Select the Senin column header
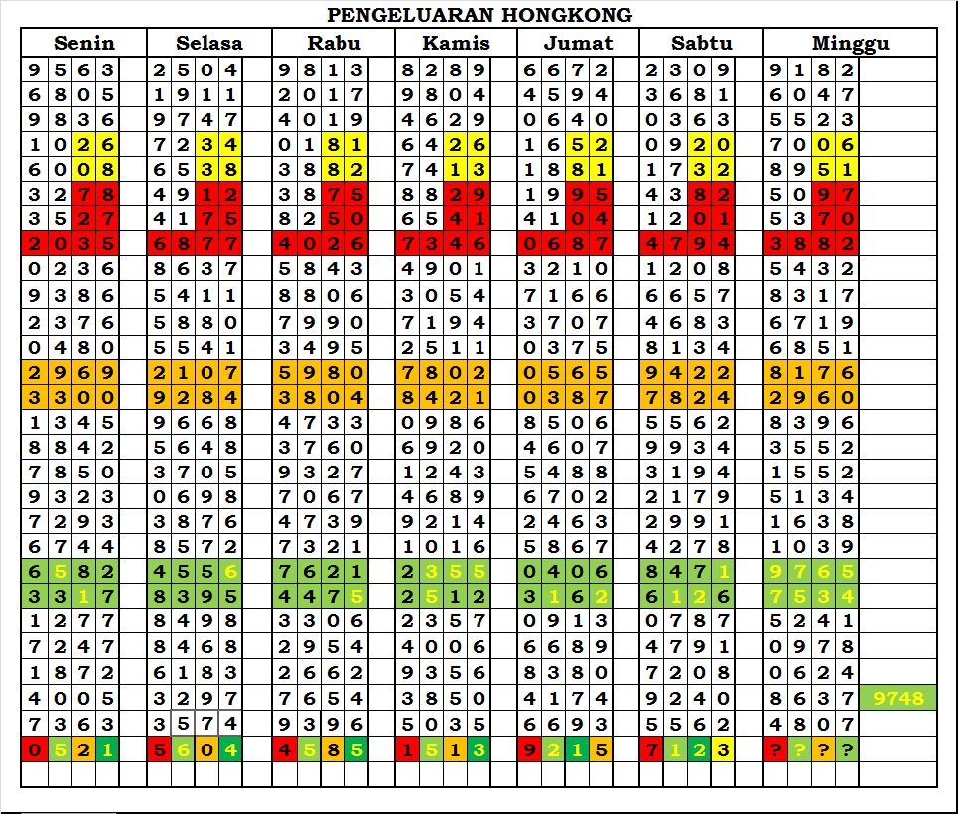[x=84, y=43]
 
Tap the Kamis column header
[x=456, y=43]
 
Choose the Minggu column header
[x=850, y=43]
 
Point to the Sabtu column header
[x=701, y=43]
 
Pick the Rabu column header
[x=334, y=43]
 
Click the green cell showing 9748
[x=897, y=699]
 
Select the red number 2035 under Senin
[x=70, y=244]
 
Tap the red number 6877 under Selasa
[x=195, y=244]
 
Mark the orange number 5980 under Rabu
[x=321, y=373]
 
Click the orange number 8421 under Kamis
[x=443, y=398]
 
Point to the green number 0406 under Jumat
[x=566, y=571]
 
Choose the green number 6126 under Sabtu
[x=688, y=597]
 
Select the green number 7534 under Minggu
[x=811, y=597]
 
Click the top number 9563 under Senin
[x=70, y=70]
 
